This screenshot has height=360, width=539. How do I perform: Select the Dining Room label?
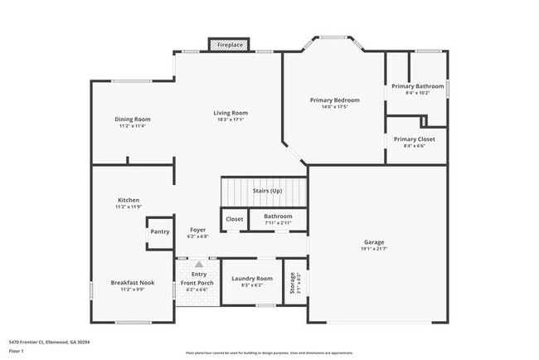pos(133,119)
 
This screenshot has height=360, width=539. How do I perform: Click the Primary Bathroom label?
pos(417,86)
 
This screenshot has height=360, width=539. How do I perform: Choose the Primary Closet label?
pos(414,139)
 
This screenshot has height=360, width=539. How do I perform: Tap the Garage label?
pos(373,242)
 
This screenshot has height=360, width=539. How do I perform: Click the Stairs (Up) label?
pos(267,191)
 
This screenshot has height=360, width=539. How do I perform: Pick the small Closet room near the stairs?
pos(234,219)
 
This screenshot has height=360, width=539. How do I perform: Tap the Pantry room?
pos(159,232)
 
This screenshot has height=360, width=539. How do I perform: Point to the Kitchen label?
pos(128,200)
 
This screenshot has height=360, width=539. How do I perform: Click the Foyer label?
pos(198,230)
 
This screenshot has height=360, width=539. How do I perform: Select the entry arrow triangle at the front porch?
pos(198,264)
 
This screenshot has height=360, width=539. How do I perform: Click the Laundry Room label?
pos(252,279)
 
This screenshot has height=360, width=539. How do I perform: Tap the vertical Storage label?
pos(292,283)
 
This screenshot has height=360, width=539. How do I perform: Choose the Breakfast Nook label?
pos(133,283)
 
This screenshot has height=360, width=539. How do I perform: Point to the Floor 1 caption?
pos(18,350)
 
